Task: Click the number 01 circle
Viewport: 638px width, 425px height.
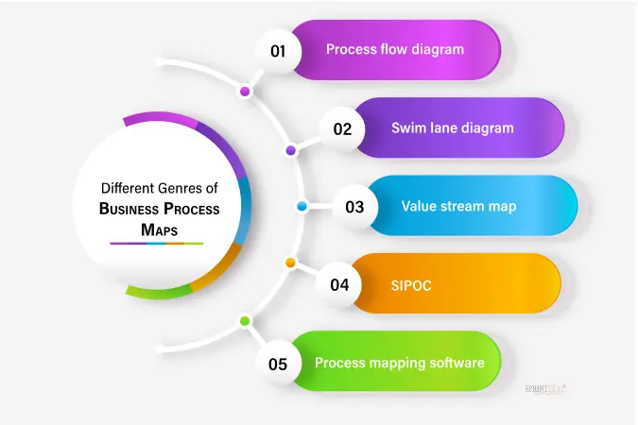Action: click(278, 50)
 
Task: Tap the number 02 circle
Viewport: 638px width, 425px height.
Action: click(341, 128)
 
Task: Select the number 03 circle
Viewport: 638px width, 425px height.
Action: click(354, 206)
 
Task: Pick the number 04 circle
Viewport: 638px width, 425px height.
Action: click(340, 283)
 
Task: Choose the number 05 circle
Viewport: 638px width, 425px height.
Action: click(278, 363)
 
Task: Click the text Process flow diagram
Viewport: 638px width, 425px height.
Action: click(395, 49)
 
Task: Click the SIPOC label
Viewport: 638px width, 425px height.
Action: click(411, 283)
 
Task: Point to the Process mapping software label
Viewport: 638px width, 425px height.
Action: click(400, 362)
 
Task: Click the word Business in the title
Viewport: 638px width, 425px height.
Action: click(129, 210)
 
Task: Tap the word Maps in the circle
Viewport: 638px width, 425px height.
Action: click(159, 229)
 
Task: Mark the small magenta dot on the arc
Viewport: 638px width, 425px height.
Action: click(245, 92)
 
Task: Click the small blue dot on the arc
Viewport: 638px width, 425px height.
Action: click(302, 206)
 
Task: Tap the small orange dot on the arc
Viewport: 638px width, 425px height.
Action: click(290, 262)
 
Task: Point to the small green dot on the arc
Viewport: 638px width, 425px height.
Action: click(245, 321)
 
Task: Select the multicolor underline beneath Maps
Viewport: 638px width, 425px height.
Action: click(157, 244)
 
